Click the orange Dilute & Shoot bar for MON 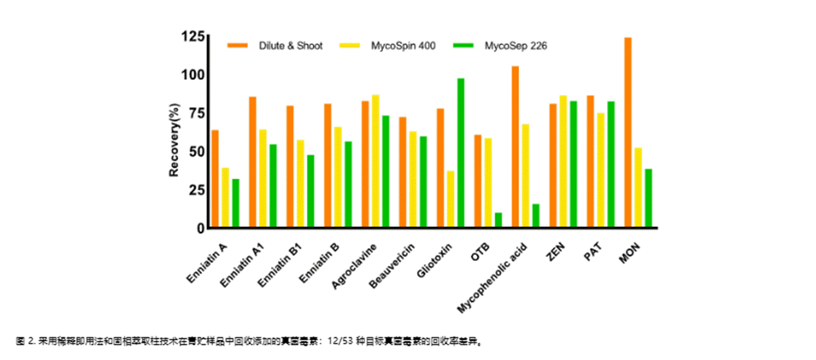[628, 133]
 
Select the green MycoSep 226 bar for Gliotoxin [461, 153]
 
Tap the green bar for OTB [498, 221]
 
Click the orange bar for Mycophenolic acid [515, 147]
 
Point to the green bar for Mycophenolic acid [536, 216]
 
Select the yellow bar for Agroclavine [376, 161]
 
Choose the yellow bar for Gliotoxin [450, 200]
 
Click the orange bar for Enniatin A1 [252, 162]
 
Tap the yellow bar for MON [638, 188]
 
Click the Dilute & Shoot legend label [291, 46]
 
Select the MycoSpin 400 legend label [403, 46]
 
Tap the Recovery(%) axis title [174, 140]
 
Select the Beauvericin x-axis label [391, 267]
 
